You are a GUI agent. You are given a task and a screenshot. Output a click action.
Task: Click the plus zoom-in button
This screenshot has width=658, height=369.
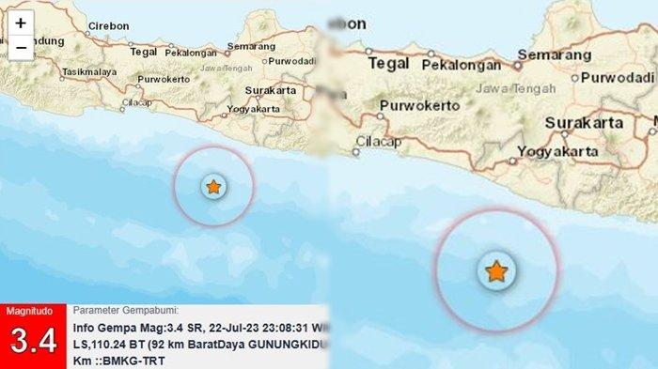(20, 23)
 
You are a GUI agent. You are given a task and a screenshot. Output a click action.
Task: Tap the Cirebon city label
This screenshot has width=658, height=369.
(109, 26)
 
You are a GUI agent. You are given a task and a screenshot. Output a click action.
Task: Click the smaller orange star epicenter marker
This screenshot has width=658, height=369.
(213, 187)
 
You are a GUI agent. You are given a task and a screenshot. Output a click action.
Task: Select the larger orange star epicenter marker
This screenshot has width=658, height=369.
(495, 272)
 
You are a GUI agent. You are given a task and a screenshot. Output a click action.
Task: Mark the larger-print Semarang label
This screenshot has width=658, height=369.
(557, 55)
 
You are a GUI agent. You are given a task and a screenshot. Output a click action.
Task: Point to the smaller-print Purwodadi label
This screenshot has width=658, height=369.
(290, 62)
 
